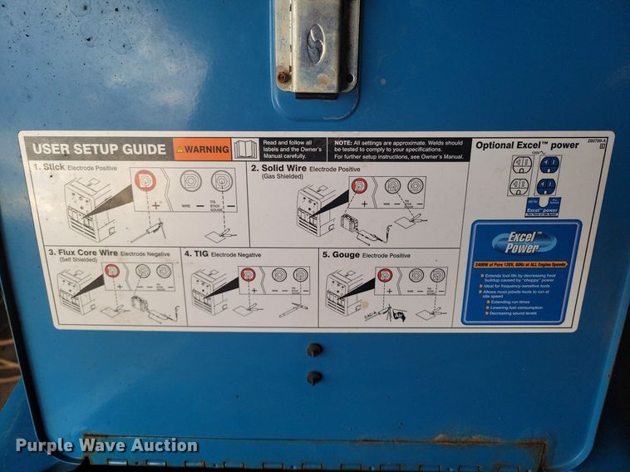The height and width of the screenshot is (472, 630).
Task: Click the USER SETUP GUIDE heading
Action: click(x=98, y=150)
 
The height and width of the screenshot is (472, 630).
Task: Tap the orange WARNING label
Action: click(x=202, y=150)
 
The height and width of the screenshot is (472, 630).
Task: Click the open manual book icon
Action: click(x=245, y=150)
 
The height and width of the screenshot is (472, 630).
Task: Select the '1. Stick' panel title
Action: click(x=49, y=167)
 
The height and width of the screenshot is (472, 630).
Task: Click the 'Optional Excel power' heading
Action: click(x=527, y=145)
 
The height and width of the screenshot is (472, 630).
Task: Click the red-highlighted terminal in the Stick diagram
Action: click(x=146, y=180)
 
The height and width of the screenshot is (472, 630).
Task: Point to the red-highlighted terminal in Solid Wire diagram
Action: click(x=359, y=185)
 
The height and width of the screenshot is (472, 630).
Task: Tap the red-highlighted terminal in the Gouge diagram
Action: click(x=384, y=274)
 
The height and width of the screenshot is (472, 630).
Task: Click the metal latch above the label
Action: click(x=317, y=45)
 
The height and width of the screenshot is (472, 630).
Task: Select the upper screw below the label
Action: click(x=314, y=350)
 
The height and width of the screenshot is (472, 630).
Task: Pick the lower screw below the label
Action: click(x=314, y=377)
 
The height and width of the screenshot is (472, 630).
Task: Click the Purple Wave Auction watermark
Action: click(x=106, y=445)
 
